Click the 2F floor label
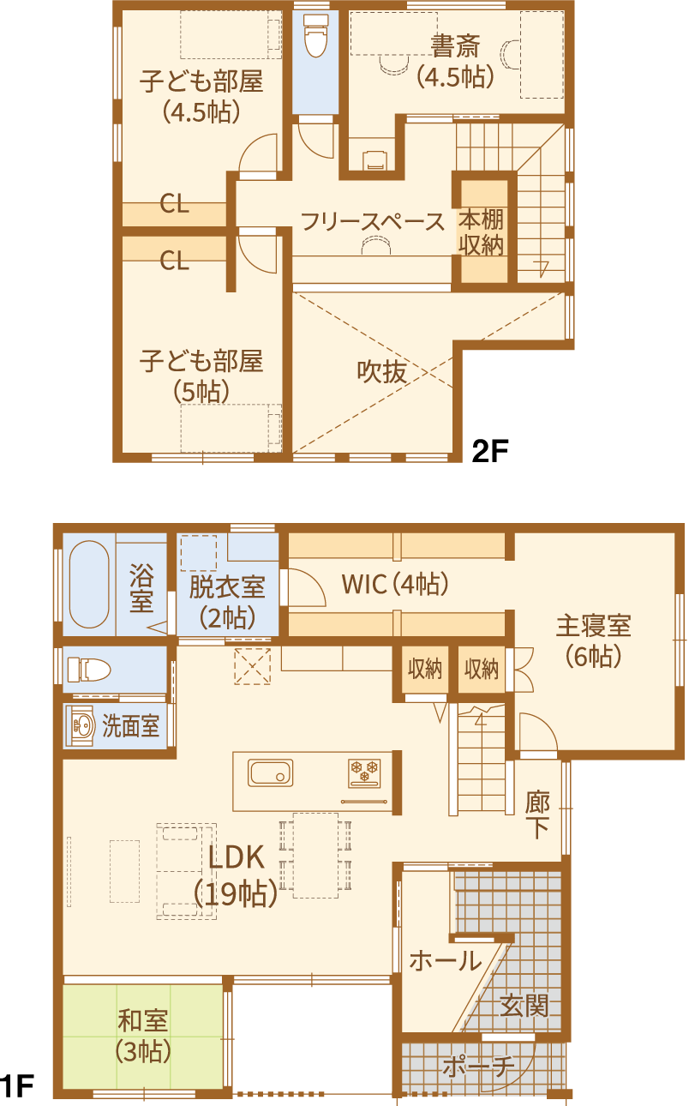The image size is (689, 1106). pos(489,450)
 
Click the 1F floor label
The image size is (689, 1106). pos(17,1086)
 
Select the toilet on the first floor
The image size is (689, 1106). pos(89,670)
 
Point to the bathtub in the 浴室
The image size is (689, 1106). pos(89,585)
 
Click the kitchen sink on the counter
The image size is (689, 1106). pos(271,772)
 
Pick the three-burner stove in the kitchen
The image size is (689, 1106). pos(365,772)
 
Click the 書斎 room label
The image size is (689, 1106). pos(455,46)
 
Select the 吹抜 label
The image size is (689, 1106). pos(382,371)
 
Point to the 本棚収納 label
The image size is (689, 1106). pos(482,232)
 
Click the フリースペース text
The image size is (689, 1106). pos(373,222)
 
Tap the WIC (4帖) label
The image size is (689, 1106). pos(395,584)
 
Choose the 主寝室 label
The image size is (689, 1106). pos(594,626)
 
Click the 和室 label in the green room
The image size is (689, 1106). pos(143,1020)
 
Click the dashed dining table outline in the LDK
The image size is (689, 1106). pos(316,855)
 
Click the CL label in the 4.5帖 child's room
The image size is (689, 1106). pos(174,203)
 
